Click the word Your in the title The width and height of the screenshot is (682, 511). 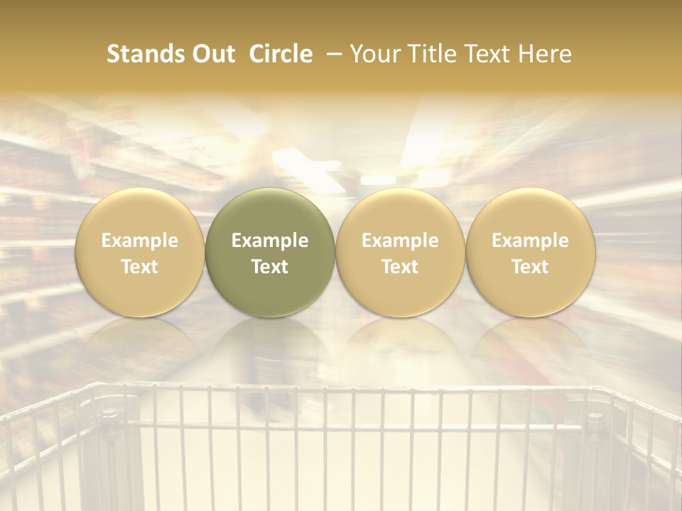[x=374, y=54]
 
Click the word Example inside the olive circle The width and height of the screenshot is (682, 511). [x=270, y=241]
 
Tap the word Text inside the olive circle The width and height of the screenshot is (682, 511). [x=270, y=267]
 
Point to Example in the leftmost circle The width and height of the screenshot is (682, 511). [x=140, y=241]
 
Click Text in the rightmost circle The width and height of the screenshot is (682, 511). [x=531, y=267]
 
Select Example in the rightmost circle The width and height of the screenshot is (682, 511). [x=531, y=241]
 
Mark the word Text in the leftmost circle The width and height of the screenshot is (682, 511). [x=140, y=267]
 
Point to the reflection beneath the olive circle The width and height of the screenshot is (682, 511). [x=270, y=348]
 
